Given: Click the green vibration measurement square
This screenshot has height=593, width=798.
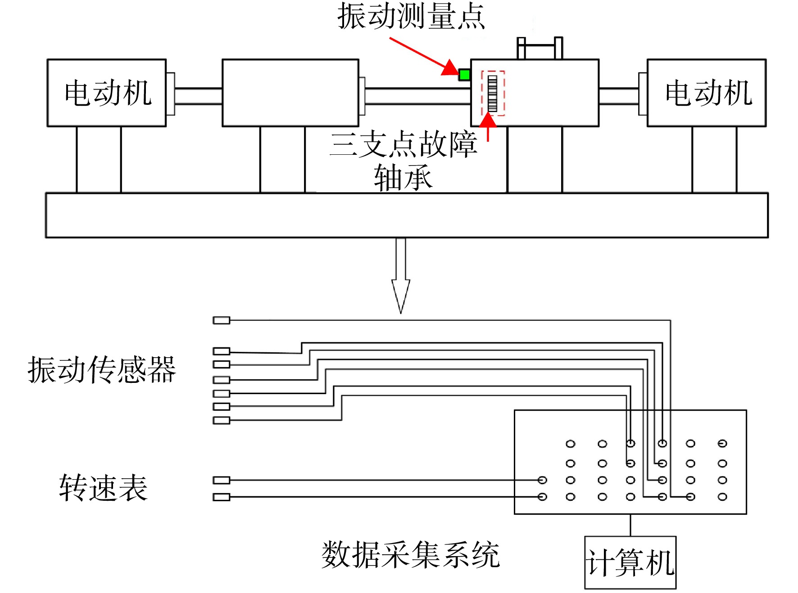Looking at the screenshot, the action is (x=464, y=75).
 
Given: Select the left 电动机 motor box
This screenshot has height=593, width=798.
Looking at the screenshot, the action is (x=107, y=93).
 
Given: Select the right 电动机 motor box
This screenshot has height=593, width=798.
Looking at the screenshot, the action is (x=707, y=93).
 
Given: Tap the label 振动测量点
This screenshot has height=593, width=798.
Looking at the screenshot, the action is (x=411, y=16).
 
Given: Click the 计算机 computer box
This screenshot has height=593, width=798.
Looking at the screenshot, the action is (x=630, y=562).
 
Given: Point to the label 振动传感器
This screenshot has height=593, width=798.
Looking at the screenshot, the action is (x=102, y=370).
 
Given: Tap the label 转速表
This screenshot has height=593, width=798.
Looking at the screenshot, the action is (x=103, y=487).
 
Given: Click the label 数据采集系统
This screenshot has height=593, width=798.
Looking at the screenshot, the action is (x=410, y=555).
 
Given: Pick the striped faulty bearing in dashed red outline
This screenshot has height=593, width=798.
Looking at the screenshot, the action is (x=493, y=93).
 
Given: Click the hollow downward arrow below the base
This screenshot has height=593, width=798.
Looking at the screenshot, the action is (x=401, y=275).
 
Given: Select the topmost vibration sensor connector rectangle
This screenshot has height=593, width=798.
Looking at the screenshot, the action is (x=222, y=320).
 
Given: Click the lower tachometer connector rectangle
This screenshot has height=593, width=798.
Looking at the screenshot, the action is (x=222, y=497).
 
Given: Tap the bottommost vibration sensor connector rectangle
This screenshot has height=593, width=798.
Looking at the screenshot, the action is (x=222, y=421).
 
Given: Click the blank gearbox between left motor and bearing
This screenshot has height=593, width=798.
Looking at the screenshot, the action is (x=290, y=93).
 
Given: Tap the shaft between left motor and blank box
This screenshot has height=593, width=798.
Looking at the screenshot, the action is (x=198, y=96).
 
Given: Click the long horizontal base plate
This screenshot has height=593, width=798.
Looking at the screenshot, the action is (x=407, y=216).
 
